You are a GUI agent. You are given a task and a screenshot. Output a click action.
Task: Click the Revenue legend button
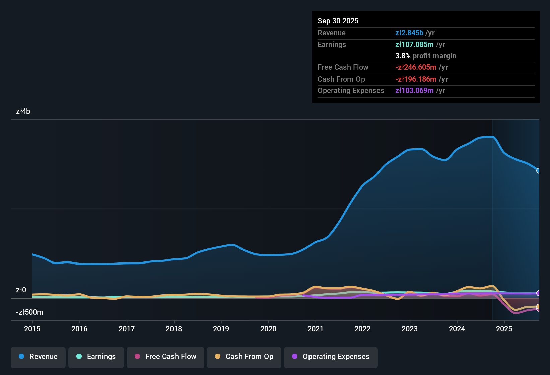38,357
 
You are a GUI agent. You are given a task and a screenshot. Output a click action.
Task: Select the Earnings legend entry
96,357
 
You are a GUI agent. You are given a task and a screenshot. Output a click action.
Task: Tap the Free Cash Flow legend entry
165,357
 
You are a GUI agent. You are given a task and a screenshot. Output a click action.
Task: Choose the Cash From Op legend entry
244,357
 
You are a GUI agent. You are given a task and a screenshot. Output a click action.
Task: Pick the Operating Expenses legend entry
331,357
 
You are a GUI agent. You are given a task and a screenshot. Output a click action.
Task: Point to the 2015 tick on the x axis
32,329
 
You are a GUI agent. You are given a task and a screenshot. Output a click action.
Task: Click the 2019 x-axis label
221,329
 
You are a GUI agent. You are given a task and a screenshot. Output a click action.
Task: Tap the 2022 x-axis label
362,329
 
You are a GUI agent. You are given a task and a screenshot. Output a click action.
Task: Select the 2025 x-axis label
504,329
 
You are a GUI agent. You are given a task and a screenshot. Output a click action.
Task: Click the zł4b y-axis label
23,111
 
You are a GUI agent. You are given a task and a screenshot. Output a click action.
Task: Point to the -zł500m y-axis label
29,312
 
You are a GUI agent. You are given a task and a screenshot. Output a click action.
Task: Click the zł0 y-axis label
21,290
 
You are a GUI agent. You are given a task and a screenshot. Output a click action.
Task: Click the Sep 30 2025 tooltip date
338,21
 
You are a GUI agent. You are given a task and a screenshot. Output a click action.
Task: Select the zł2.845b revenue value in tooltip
409,33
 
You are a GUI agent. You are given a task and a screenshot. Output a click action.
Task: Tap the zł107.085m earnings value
414,45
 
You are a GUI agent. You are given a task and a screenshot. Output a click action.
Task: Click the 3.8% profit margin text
425,56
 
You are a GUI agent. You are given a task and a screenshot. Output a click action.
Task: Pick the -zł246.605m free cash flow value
416,67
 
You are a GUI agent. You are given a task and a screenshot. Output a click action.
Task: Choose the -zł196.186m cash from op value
416,79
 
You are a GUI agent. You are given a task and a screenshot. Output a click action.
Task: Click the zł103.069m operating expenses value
414,91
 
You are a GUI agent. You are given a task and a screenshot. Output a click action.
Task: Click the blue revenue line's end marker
538,171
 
